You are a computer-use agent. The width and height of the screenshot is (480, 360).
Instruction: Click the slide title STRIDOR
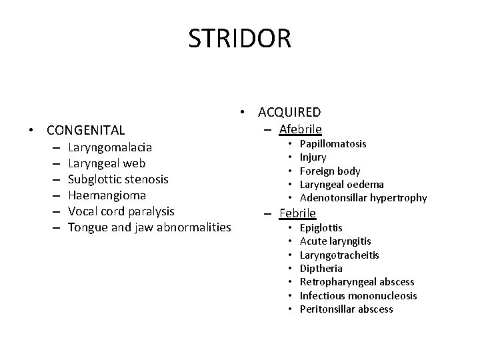[239, 38]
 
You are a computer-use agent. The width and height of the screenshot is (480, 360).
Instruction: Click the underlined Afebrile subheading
[300, 129]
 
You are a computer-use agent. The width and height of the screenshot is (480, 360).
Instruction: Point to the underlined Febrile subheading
[297, 213]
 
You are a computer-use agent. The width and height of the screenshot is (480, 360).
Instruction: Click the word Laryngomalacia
[109, 147]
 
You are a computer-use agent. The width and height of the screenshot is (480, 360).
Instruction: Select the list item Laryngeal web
[106, 163]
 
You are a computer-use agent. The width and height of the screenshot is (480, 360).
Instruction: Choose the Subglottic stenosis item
[118, 179]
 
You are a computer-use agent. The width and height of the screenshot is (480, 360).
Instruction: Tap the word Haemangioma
[107, 195]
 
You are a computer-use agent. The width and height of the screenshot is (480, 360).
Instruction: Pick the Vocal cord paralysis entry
[121, 211]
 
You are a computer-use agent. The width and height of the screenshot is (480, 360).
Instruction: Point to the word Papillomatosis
[333, 144]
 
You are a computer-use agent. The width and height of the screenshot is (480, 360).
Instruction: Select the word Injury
[313, 157]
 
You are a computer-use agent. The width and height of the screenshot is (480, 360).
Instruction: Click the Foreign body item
[330, 171]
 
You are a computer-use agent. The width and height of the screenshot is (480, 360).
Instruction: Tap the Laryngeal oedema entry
[341, 184]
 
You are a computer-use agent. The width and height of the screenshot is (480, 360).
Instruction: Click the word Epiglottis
[321, 228]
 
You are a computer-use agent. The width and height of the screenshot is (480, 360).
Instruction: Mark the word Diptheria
[321, 268]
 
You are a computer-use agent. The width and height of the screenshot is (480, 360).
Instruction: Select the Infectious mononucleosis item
[358, 295]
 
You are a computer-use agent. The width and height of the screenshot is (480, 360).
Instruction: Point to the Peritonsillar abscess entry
[346, 309]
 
